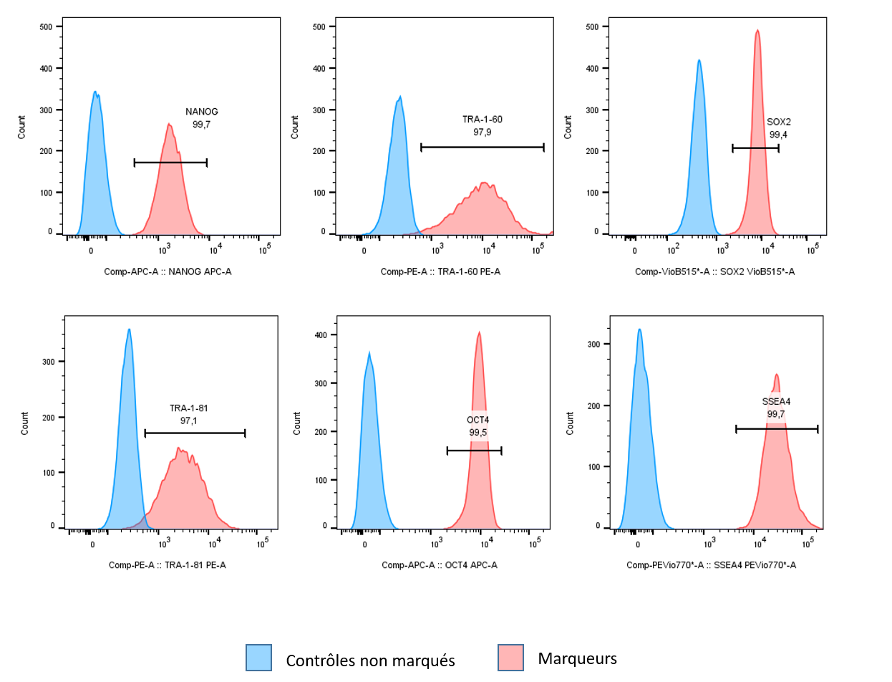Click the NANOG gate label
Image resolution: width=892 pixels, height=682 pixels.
(201, 112)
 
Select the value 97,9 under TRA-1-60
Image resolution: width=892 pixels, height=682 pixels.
(483, 132)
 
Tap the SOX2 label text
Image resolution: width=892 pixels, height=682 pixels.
(778, 122)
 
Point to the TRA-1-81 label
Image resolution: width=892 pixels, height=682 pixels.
(188, 408)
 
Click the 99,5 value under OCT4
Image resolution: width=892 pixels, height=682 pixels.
(477, 433)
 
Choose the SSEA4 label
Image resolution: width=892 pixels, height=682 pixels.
(776, 402)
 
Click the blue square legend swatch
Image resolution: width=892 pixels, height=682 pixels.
(258, 657)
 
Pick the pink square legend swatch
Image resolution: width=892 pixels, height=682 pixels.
(510, 657)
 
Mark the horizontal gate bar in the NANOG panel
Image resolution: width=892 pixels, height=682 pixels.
(170, 163)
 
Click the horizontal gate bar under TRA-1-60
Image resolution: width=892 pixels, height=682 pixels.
(483, 148)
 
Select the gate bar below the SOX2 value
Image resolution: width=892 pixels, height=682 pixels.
(755, 148)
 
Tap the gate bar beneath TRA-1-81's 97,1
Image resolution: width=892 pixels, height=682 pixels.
(195, 433)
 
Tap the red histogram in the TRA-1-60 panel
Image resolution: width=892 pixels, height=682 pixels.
(483, 211)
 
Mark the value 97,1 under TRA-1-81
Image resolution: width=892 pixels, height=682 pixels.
(188, 421)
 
